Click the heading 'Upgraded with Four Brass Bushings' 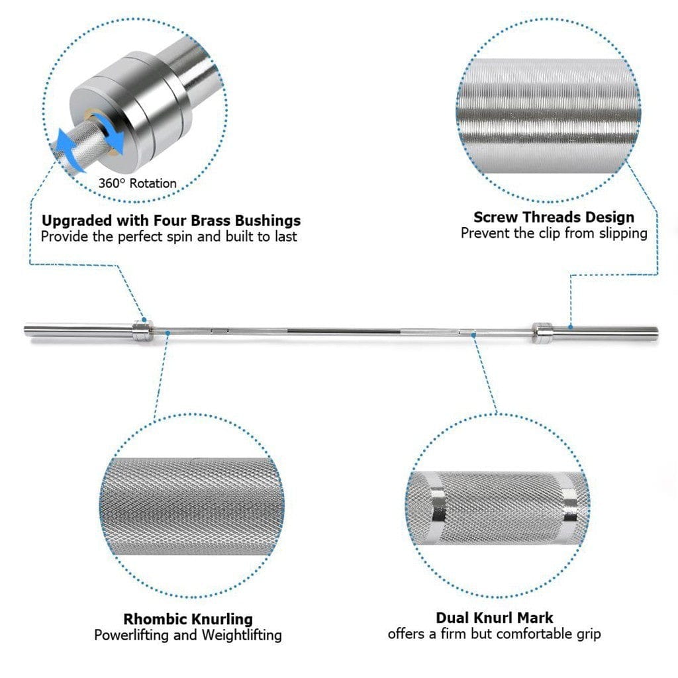171,220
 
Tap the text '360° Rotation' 138,183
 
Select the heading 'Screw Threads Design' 554,217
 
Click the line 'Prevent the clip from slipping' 554,233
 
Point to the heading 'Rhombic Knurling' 188,619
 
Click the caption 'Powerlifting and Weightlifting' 188,635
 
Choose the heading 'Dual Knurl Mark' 495,618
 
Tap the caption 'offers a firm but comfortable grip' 495,634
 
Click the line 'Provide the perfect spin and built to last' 169,236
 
